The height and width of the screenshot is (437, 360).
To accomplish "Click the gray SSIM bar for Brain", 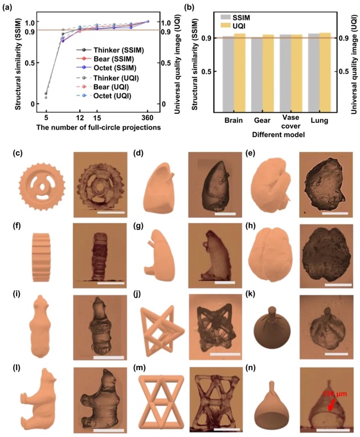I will pyautogui.click(x=227, y=73).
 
